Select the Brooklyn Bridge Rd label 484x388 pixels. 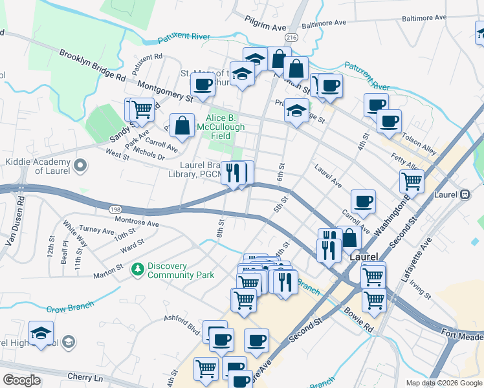pyautogui.click(x=92, y=65)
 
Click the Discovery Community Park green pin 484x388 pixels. pyautogui.click(x=137, y=268)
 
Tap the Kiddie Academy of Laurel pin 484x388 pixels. pyautogui.click(x=80, y=166)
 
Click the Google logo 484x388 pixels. pyautogui.click(x=21, y=380)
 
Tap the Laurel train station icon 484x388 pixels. pyautogui.click(x=465, y=194)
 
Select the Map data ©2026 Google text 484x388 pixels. pyautogui.click(x=443, y=383)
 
